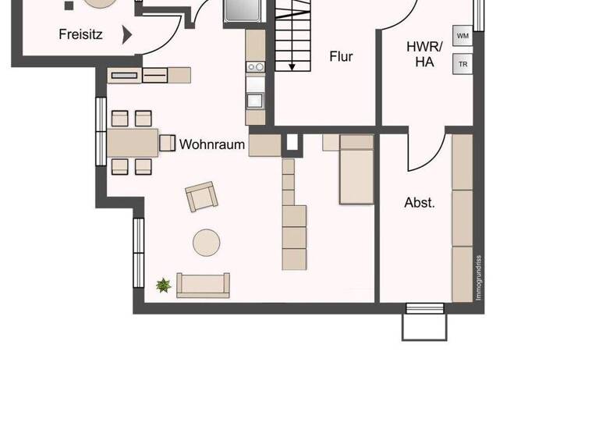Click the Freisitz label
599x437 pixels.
[80, 34]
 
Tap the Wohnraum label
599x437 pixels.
[212, 144]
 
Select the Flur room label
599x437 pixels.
[341, 57]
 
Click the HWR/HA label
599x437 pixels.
[424, 55]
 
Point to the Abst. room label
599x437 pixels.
[420, 203]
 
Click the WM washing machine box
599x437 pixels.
[463, 37]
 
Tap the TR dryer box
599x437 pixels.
[463, 64]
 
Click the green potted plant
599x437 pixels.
[163, 286]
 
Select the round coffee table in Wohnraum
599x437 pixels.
[207, 242]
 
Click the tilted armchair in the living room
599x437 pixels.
[201, 197]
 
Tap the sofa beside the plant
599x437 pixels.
[203, 286]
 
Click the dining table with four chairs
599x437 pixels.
[132, 143]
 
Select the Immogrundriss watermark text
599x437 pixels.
[479, 278]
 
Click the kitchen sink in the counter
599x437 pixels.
[255, 100]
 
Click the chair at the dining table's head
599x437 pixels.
[167, 143]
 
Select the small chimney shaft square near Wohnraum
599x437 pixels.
[292, 143]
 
